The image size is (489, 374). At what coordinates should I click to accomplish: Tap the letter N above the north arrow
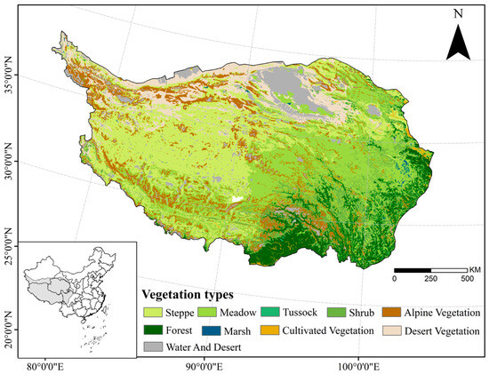458,13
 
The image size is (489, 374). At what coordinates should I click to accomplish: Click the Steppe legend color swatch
157,312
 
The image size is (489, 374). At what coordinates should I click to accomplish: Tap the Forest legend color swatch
157,329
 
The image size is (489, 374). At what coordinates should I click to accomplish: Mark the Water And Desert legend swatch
157,345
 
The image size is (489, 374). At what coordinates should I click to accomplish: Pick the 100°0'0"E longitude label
354,365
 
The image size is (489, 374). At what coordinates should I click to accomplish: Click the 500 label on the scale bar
467,278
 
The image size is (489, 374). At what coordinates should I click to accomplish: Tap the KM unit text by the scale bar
477,268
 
